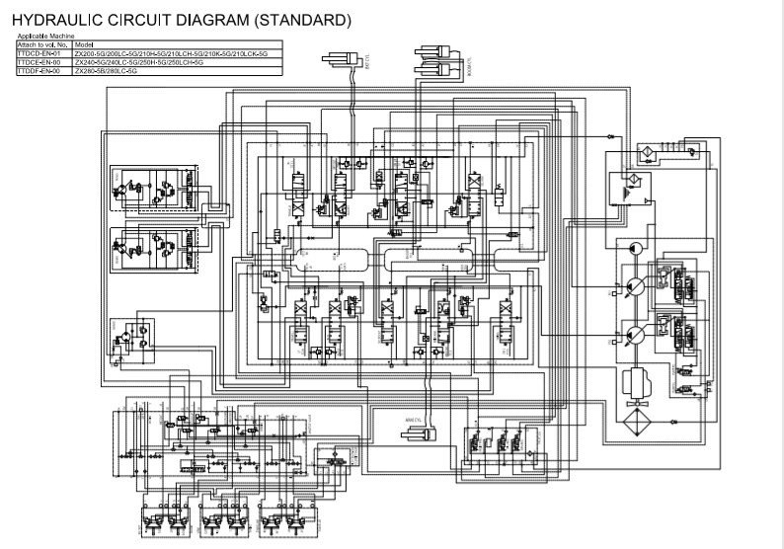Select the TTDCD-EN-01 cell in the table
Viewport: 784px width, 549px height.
pyautogui.click(x=40, y=53)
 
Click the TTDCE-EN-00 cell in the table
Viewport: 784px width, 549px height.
pyautogui.click(x=40, y=61)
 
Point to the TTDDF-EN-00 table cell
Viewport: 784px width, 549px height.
pyautogui.click(x=40, y=69)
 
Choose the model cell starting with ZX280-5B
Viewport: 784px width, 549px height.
pyautogui.click(x=118, y=69)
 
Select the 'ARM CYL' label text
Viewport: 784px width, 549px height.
pyautogui.click(x=412, y=419)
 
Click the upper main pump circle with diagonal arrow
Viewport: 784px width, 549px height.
pyautogui.click(x=636, y=285)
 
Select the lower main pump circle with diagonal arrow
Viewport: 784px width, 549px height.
pyautogui.click(x=636, y=336)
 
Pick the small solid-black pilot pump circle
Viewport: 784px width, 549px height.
pyautogui.click(x=635, y=245)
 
